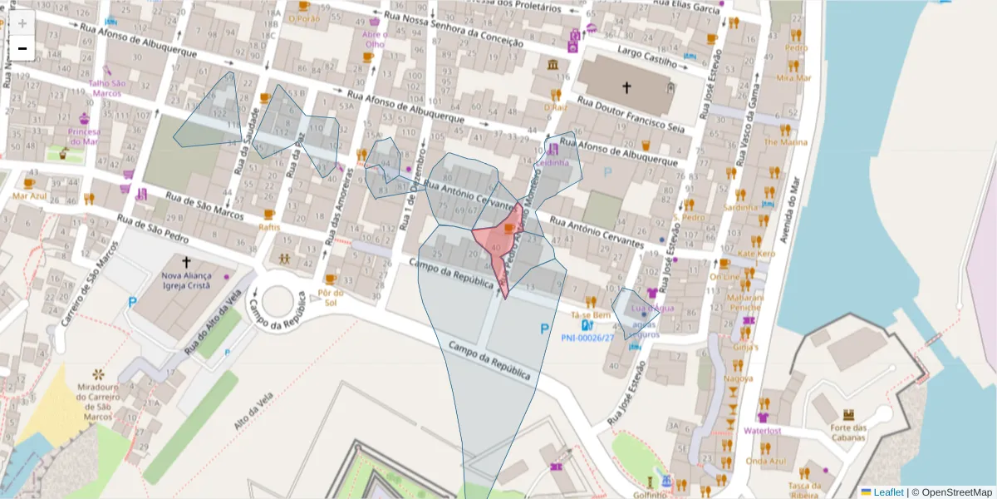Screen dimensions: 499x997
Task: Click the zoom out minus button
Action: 22,49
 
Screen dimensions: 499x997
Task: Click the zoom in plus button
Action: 22,23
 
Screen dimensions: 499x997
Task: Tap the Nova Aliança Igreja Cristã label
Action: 186,280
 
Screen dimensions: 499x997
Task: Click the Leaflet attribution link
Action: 887,492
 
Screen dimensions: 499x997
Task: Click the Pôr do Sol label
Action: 330,297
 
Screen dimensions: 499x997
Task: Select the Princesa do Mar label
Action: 84,136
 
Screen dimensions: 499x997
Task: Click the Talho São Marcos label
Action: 107,87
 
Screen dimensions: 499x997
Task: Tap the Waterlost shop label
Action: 763,431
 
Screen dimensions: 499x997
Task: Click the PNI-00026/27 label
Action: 587,338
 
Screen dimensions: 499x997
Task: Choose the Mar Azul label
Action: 30,196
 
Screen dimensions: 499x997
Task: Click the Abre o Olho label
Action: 375,39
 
